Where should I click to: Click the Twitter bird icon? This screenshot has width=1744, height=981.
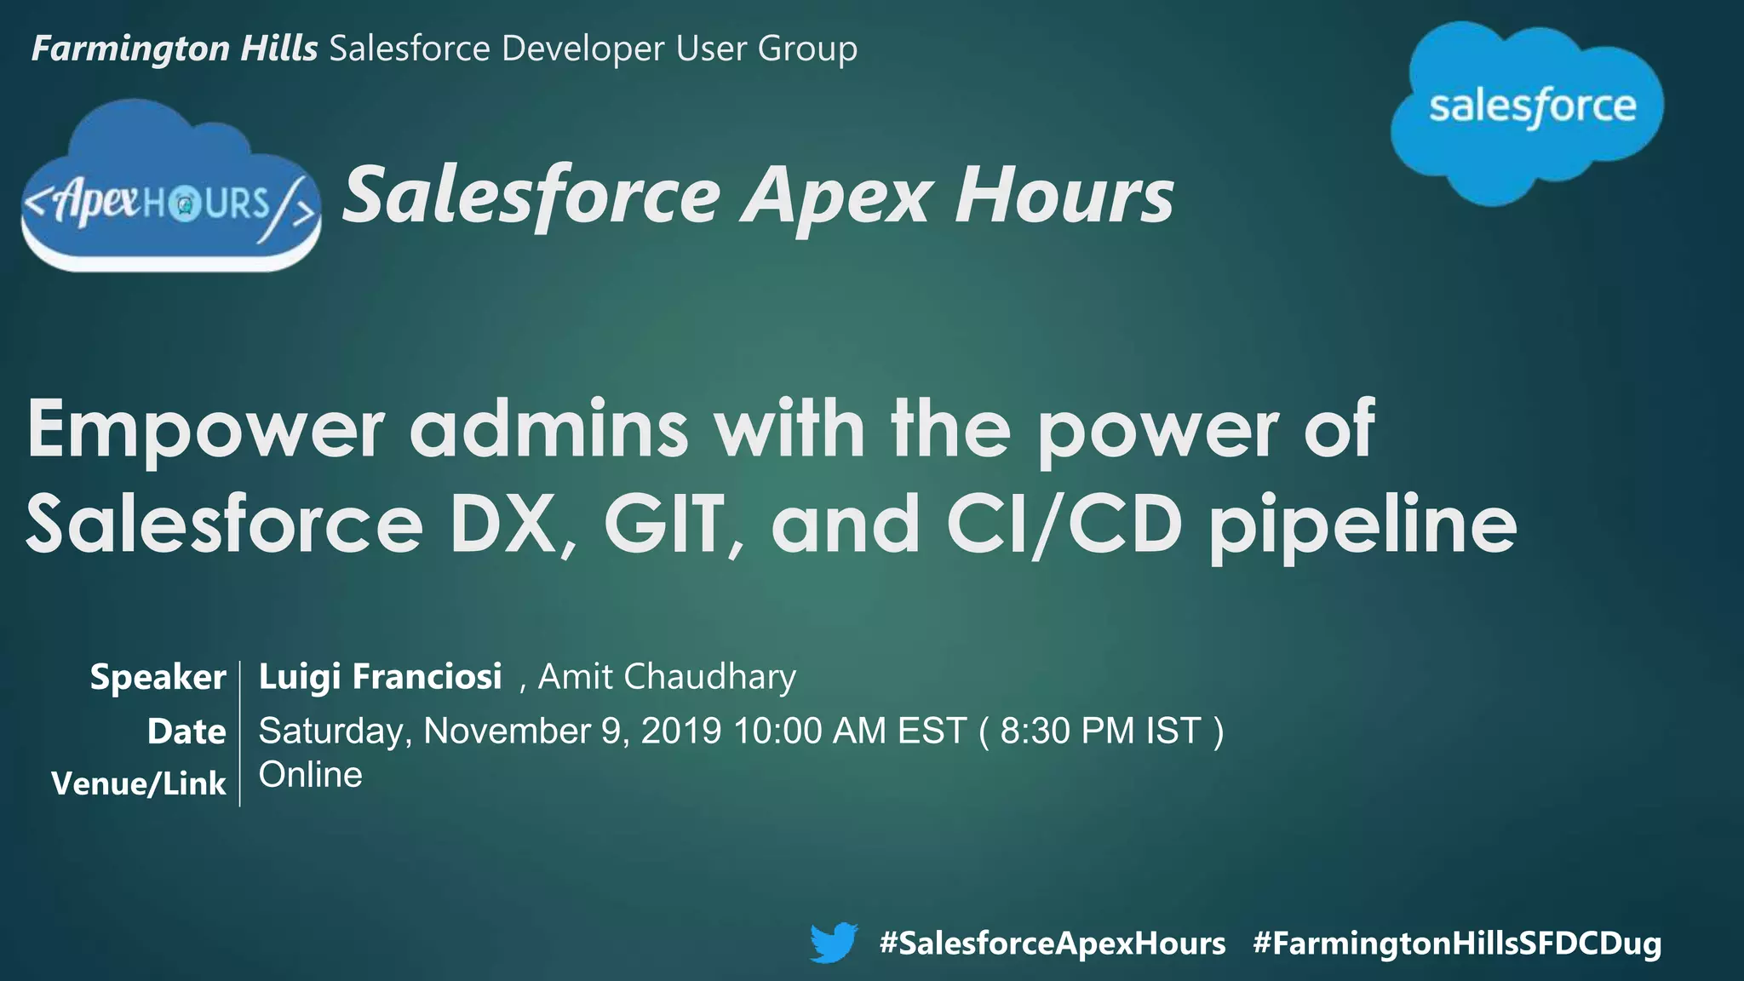[x=833, y=943]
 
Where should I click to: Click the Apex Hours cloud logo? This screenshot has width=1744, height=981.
[x=171, y=192]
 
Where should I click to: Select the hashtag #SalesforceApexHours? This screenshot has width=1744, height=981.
[x=1053, y=944]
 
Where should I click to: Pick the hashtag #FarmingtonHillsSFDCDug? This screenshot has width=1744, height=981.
[x=1457, y=944]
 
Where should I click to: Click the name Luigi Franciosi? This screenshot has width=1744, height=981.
[x=380, y=677]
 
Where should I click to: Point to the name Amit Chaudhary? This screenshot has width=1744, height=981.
[x=667, y=677]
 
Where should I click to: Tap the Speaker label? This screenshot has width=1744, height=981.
[x=158, y=678]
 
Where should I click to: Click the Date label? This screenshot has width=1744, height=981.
[x=186, y=731]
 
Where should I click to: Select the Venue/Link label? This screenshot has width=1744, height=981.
[x=139, y=783]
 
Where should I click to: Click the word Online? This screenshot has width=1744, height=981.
[x=311, y=775]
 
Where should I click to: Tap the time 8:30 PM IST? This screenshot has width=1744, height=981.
[x=1100, y=731]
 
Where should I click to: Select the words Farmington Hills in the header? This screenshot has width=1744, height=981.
[x=175, y=49]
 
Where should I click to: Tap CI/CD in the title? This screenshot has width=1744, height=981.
[x=1064, y=524]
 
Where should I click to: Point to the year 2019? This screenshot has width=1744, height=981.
[x=681, y=731]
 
